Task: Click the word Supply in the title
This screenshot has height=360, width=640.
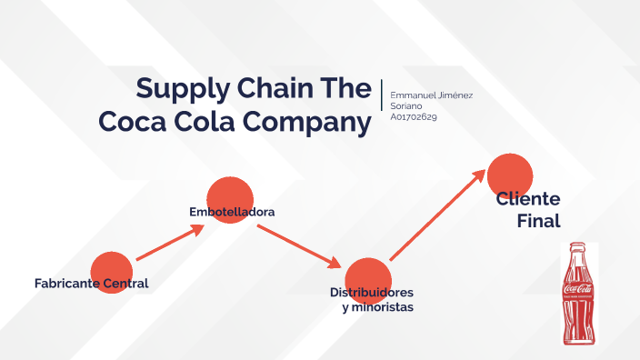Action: tap(178, 89)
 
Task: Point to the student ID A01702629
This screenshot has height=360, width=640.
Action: tap(414, 116)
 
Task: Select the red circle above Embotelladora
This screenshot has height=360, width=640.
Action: tap(229, 199)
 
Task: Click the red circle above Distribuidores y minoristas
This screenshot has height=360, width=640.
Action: tap(368, 280)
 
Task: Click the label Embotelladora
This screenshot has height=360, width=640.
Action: tap(232, 212)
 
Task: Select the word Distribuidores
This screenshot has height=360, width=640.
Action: tap(371, 293)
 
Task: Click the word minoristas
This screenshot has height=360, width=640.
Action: tap(385, 307)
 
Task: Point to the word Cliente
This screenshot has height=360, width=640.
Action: tap(528, 199)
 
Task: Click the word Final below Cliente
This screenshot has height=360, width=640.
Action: tap(538, 220)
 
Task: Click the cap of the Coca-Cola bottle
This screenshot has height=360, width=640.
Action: tap(577, 245)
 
